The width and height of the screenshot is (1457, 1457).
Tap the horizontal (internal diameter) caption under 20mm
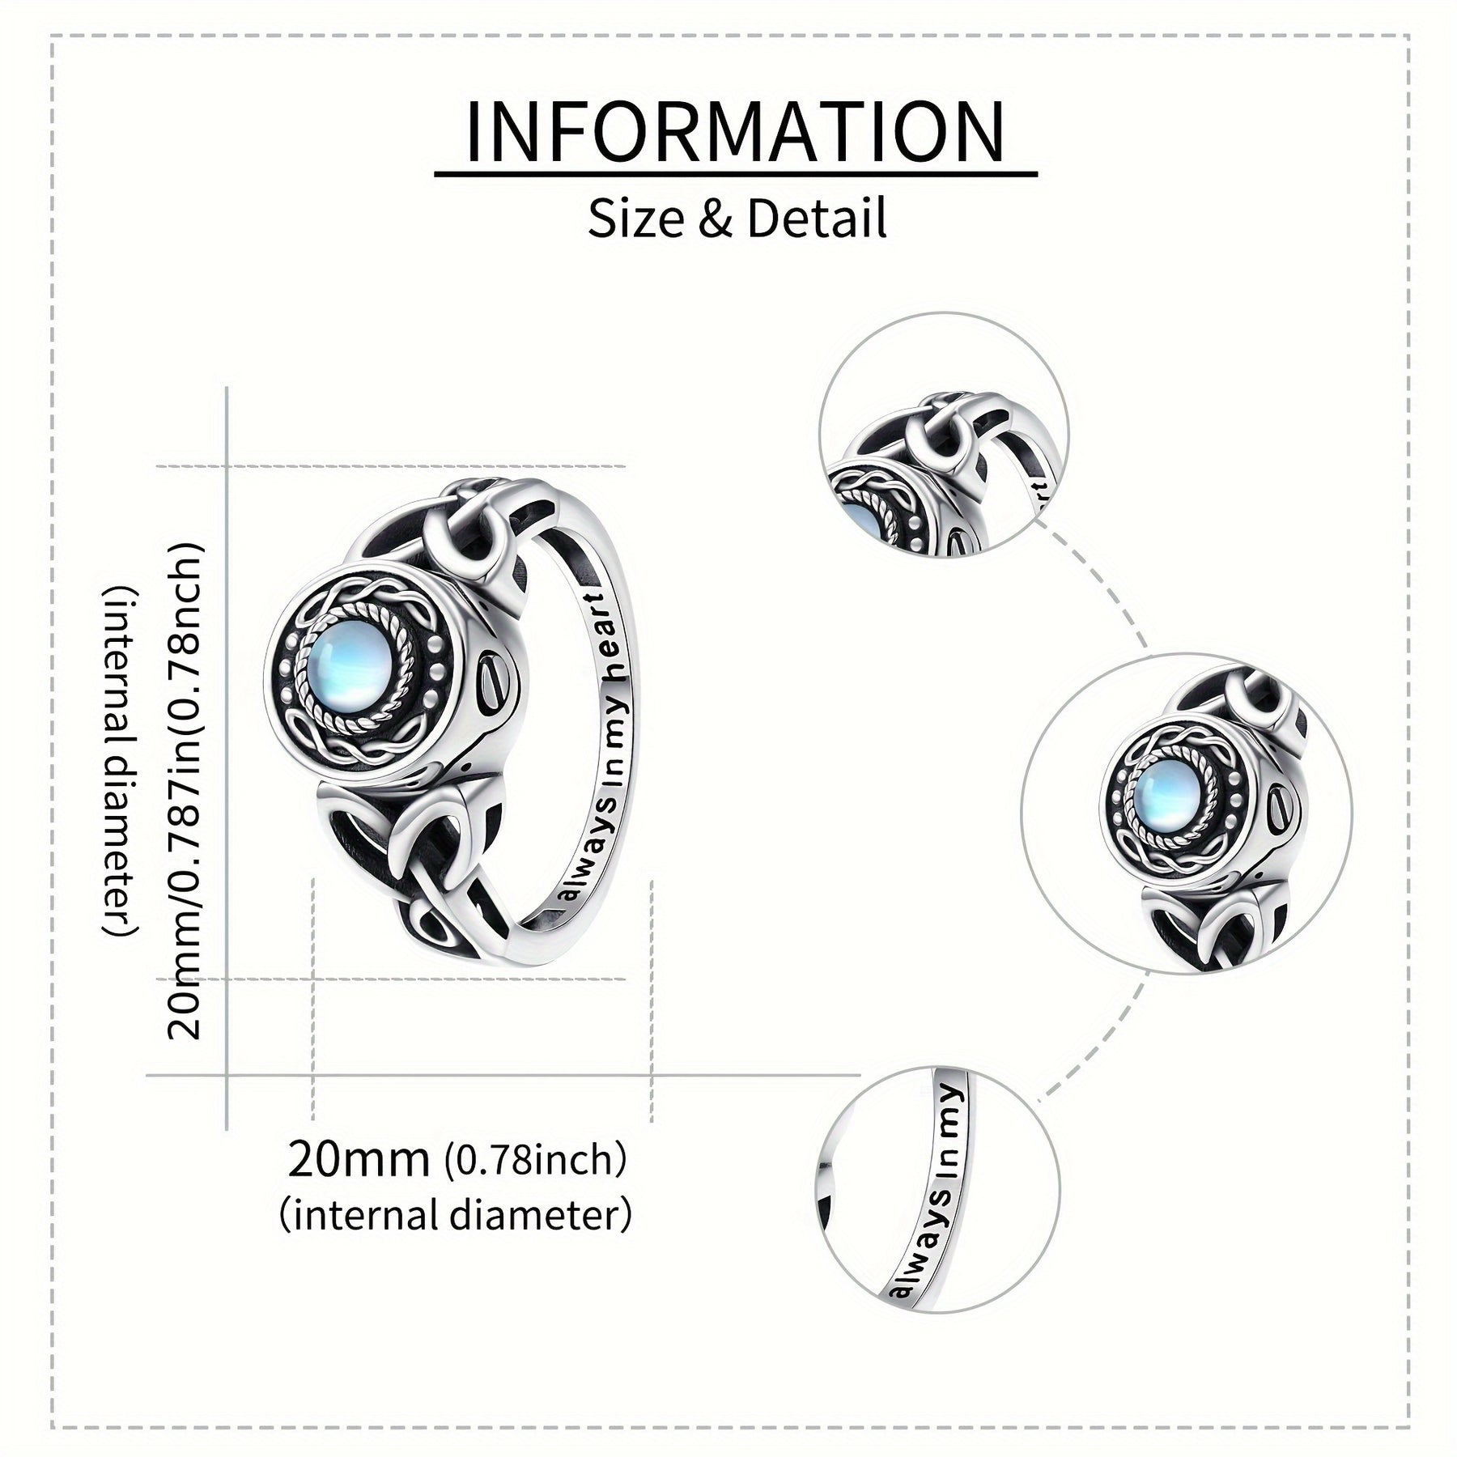455,1214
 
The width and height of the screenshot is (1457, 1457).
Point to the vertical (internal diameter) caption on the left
121,761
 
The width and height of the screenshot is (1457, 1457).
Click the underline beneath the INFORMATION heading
735,174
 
